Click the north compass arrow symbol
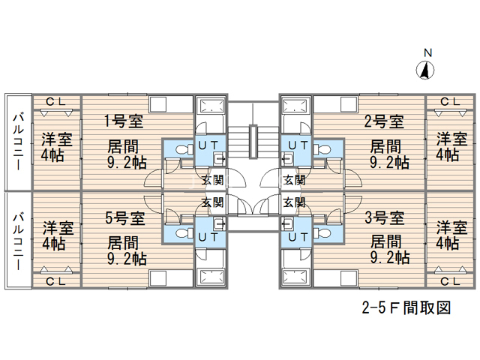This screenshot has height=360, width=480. (x=425, y=70)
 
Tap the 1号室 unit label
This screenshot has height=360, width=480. (x=124, y=121)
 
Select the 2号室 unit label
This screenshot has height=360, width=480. (x=384, y=121)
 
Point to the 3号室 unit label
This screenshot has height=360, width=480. (x=385, y=218)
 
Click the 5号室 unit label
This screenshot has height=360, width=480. (x=125, y=218)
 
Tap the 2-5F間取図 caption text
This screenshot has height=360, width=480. (x=406, y=307)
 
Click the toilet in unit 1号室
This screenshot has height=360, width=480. (x=184, y=149)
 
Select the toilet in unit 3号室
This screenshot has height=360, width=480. (x=322, y=233)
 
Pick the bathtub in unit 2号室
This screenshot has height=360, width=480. (x=294, y=106)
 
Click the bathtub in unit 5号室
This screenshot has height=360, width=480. (x=211, y=277)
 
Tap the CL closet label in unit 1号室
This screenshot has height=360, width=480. (x=56, y=102)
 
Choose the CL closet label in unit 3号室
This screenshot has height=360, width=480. (x=450, y=281)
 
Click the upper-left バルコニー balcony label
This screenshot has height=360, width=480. (x=18, y=142)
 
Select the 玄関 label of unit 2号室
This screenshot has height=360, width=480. (x=294, y=180)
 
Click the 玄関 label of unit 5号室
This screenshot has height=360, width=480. (x=212, y=202)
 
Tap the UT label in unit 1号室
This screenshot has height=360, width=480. (x=208, y=145)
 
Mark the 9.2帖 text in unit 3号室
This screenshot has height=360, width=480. (x=390, y=257)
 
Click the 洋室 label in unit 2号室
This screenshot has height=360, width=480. (x=451, y=139)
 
